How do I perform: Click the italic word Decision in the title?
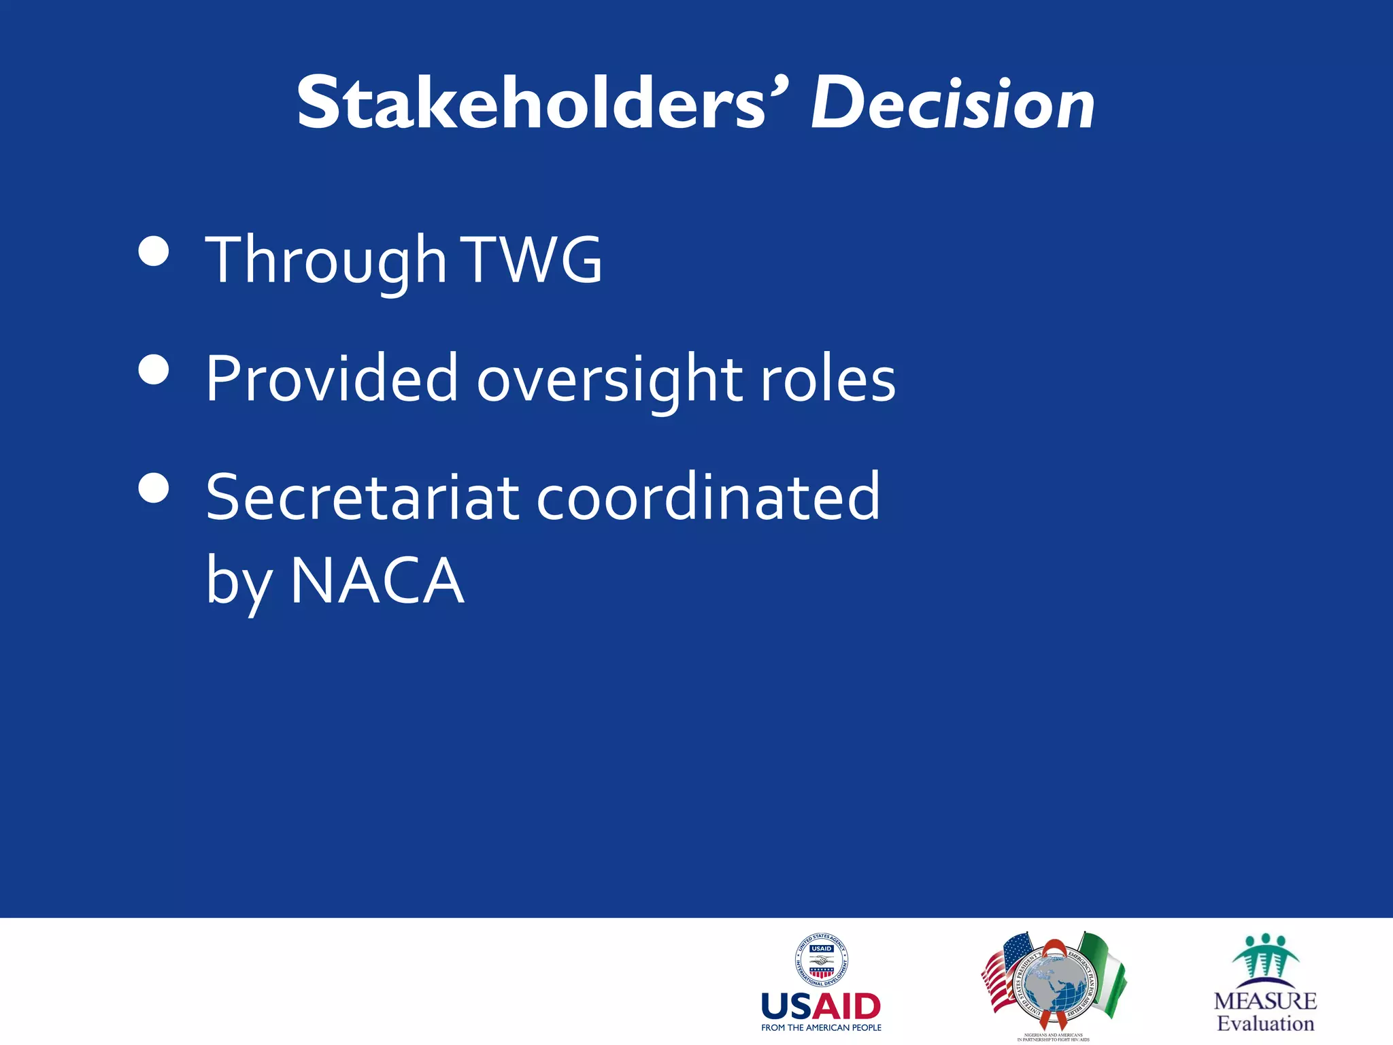[952, 103]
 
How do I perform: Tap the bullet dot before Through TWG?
[153, 251]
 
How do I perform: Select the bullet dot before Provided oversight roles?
[153, 369]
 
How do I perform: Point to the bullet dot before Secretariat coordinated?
[153, 488]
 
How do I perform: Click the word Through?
[326, 260]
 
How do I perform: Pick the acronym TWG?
[533, 260]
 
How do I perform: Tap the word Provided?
[332, 378]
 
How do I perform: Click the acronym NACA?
[377, 580]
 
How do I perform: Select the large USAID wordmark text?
[821, 1006]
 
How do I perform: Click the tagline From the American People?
[821, 1028]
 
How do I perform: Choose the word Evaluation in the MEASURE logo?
[1265, 1024]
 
